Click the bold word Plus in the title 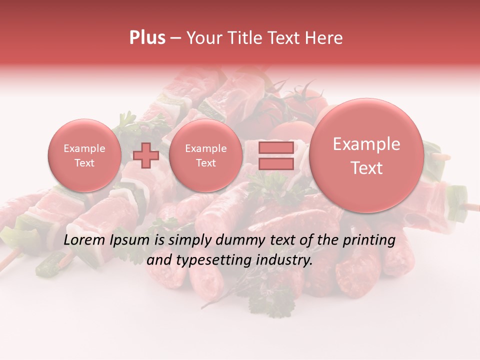(147, 38)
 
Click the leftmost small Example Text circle (84, 155)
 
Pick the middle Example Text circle (205, 155)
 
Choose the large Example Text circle (366, 155)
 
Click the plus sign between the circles (146, 155)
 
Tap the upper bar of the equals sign (275, 148)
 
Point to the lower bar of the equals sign (275, 164)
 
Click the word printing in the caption (369, 240)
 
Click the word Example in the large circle (366, 144)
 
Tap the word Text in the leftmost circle (84, 163)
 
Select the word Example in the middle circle (205, 148)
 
